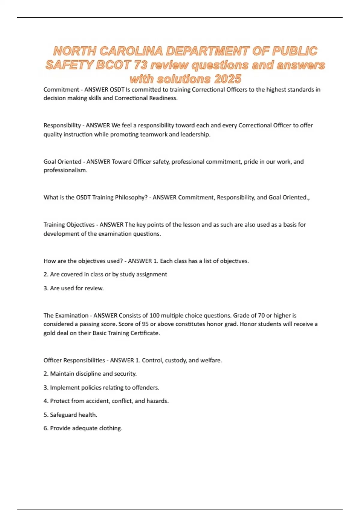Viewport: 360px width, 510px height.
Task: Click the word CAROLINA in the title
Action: (131, 51)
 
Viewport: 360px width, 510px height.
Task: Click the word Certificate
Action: (145, 333)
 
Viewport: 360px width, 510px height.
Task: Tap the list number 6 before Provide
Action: (46, 428)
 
